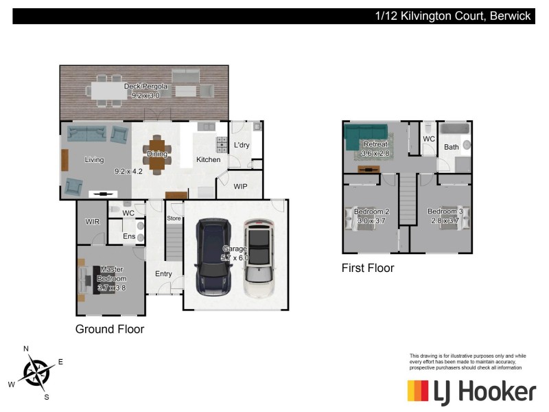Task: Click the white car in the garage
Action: click(258, 258)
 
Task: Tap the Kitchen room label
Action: click(209, 160)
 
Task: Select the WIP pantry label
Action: click(240, 187)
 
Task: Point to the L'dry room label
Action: click(242, 146)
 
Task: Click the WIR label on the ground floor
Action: click(93, 222)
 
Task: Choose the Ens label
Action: click(129, 236)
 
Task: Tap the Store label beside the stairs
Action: click(174, 218)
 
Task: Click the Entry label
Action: click(163, 274)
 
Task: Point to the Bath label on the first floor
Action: click(451, 147)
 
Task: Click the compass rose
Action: click(35, 372)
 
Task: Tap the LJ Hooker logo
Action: click(471, 392)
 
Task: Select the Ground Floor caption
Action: click(110, 330)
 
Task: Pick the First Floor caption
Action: click(368, 268)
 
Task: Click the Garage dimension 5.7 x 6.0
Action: click(235, 257)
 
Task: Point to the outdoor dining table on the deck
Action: click(113, 90)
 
